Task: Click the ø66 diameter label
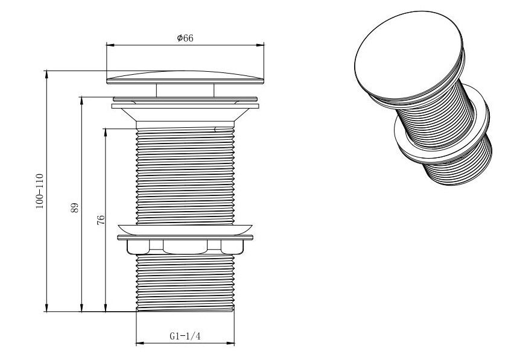[x=185, y=38]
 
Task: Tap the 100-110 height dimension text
[x=40, y=191]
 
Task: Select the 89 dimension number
[x=75, y=207]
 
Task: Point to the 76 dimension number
[x=101, y=220]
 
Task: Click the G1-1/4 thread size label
[x=185, y=336]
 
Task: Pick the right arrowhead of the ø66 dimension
[x=261, y=45]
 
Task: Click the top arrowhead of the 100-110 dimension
[x=46, y=74]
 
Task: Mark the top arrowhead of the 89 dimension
[x=81, y=101]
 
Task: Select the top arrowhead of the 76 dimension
[x=105, y=132]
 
